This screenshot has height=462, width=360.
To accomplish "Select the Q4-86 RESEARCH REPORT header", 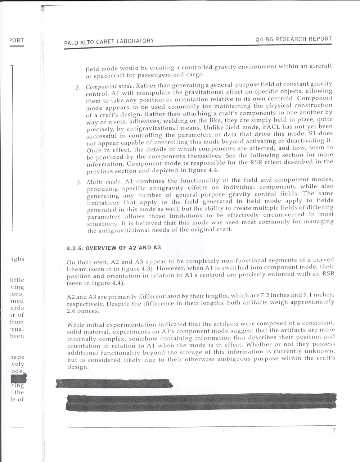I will (293, 39).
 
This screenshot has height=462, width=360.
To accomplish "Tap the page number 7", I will (334, 431).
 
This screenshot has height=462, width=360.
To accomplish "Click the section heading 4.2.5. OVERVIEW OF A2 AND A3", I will (113, 248).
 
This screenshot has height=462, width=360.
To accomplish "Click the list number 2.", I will (77, 87).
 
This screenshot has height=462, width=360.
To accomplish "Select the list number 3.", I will (78, 182).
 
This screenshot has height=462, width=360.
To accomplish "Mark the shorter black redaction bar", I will (114, 383).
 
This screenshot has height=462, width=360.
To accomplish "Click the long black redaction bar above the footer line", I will (201, 402).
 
